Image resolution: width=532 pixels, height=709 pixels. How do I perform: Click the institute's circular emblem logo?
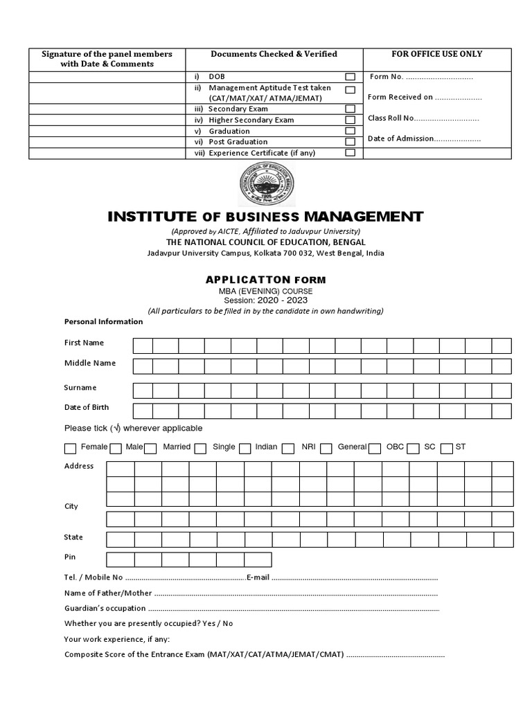coord(265,183)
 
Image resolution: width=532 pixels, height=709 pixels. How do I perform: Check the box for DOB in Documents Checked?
coord(351,76)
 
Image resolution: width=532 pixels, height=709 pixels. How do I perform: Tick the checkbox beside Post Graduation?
coord(351,142)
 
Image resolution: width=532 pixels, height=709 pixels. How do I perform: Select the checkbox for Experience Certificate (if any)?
coord(351,152)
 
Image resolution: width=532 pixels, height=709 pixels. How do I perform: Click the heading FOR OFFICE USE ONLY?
coord(437,54)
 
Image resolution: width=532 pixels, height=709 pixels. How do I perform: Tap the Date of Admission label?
coord(400,138)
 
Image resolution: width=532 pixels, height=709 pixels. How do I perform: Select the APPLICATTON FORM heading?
coord(265,280)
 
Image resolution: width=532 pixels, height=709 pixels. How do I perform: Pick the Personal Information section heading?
coord(103,321)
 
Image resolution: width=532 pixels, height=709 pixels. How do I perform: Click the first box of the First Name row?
coord(143,345)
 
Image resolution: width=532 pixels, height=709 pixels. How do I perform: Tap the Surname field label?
coord(80,388)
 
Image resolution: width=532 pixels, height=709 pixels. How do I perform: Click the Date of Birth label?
coord(87,407)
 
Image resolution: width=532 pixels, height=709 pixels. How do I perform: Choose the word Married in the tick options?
coord(177,447)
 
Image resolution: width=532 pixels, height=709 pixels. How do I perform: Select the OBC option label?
coord(395,447)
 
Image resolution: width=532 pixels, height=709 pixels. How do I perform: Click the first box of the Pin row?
coord(120,559)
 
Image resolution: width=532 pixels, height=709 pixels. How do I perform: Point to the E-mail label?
coord(258,577)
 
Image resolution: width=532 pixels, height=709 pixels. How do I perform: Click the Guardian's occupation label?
coord(105,609)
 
